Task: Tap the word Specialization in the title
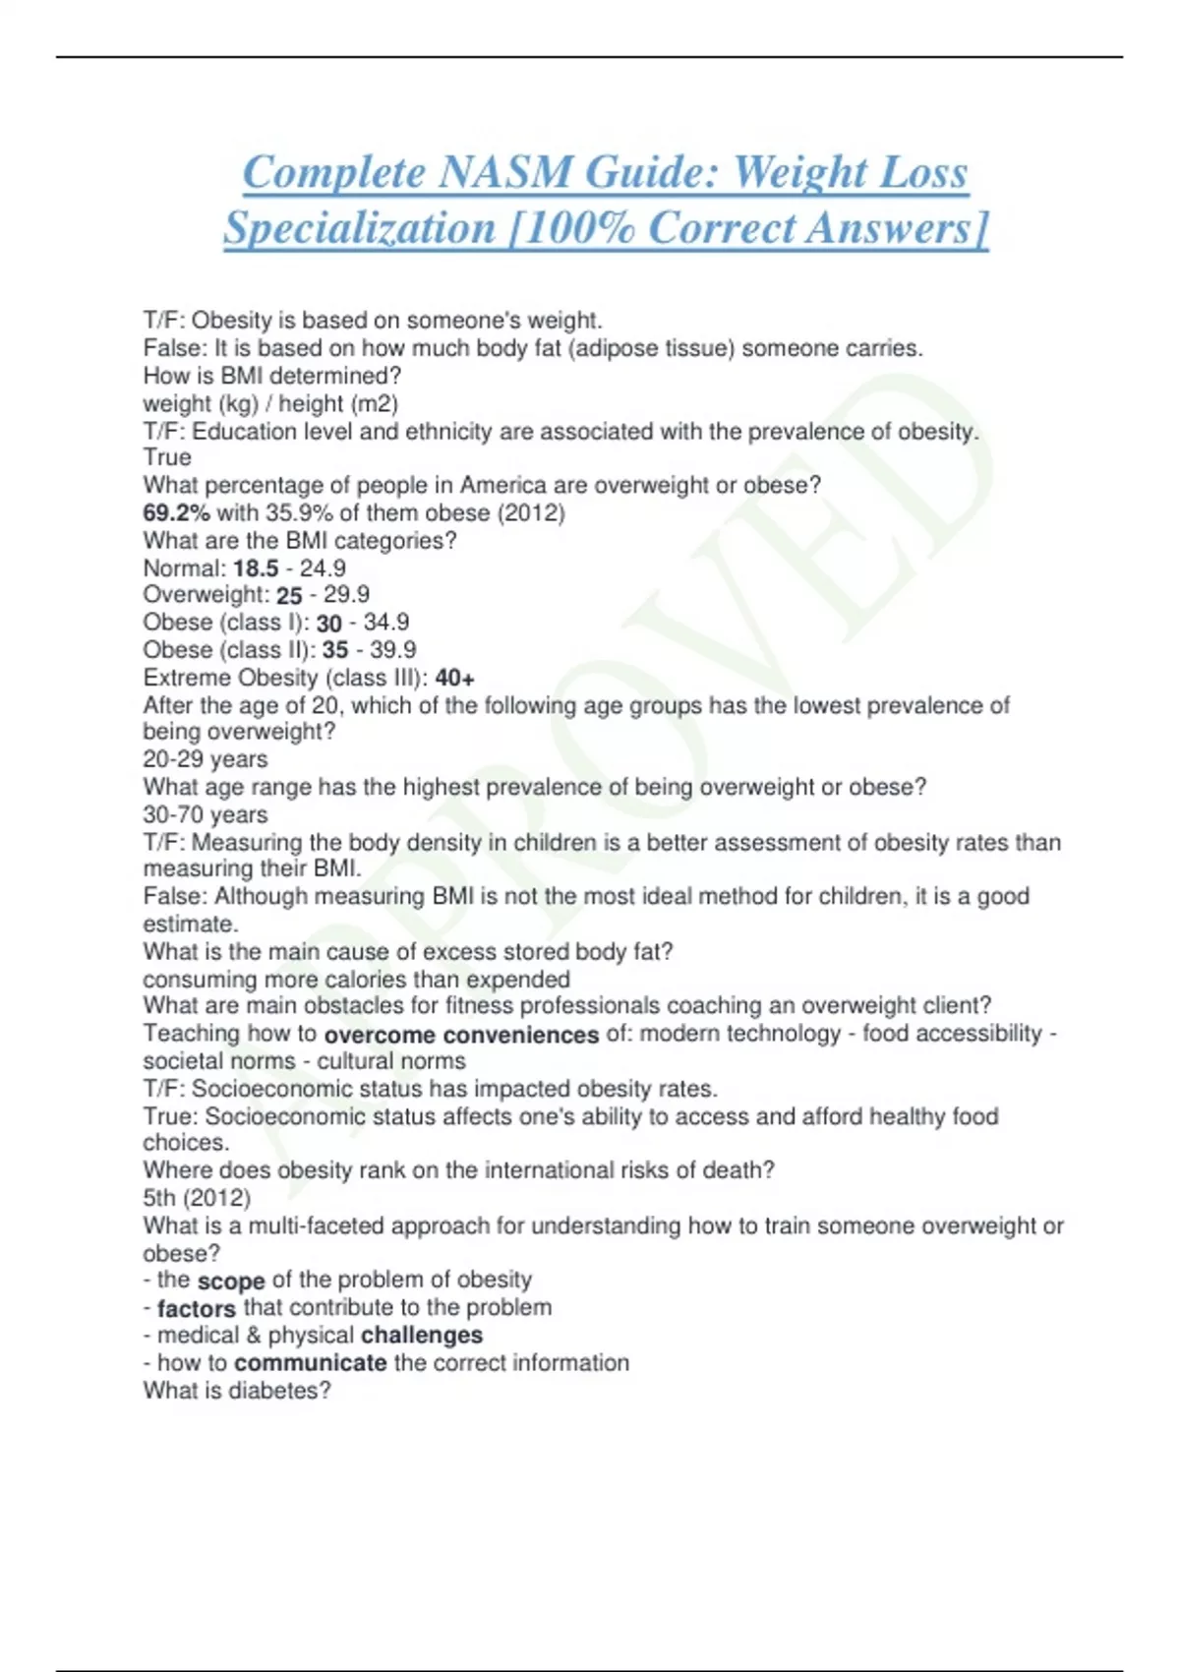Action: [x=359, y=228]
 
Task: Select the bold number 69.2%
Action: [x=176, y=512]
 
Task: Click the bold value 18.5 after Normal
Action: [x=256, y=568]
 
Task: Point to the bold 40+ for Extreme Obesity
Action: [x=454, y=678]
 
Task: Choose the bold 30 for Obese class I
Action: [x=329, y=624]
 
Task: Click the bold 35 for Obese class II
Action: [x=335, y=650]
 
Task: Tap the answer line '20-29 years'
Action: [x=205, y=759]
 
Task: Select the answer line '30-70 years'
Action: [x=205, y=815]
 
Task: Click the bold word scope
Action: [x=231, y=1282]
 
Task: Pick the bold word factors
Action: [x=197, y=1308]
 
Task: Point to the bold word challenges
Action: [x=422, y=1335]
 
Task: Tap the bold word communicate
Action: [x=311, y=1363]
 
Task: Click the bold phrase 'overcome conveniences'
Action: [x=461, y=1035]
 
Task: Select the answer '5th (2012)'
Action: [x=197, y=1198]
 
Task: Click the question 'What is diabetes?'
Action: [x=237, y=1391]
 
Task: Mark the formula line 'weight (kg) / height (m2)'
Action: [x=270, y=404]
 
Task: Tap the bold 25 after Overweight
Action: [x=289, y=596]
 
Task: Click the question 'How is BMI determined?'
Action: [x=272, y=376]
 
